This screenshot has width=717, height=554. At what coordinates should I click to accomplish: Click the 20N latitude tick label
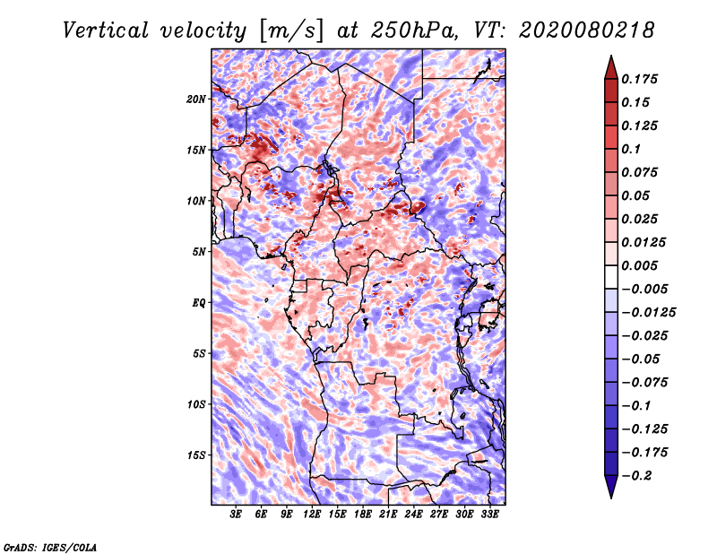[x=195, y=100]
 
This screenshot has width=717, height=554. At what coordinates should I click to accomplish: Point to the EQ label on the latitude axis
[x=198, y=303]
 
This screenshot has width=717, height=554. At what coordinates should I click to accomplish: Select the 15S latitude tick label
[x=196, y=455]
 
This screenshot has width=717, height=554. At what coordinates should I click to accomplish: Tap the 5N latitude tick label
[x=199, y=252]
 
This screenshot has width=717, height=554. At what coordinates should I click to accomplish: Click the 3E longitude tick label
[x=236, y=515]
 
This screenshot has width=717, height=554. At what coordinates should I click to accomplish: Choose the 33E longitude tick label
[x=489, y=515]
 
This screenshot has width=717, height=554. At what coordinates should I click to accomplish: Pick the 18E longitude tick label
[x=363, y=515]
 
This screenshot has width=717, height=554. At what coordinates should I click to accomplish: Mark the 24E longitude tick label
[x=413, y=515]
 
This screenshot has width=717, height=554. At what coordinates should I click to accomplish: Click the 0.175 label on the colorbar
[x=639, y=79]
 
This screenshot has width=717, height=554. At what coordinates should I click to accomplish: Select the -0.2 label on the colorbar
[x=636, y=476]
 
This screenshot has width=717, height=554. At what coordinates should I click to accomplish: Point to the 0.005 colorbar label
[x=639, y=265]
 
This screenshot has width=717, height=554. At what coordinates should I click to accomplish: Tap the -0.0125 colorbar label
[x=648, y=313]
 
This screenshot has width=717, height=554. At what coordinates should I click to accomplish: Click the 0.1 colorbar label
[x=631, y=149]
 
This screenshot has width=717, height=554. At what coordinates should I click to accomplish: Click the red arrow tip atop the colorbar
[x=611, y=56]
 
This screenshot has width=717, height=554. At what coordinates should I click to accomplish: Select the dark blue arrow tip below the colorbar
[x=611, y=497]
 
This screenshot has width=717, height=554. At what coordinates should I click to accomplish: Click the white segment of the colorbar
[x=611, y=277]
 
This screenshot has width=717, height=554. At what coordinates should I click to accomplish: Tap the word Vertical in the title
[x=106, y=30]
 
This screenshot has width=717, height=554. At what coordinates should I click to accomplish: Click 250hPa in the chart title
[x=413, y=30]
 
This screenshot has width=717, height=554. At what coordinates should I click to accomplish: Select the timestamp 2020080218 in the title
[x=586, y=30]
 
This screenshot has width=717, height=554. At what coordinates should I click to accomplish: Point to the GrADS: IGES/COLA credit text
[x=50, y=547]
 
